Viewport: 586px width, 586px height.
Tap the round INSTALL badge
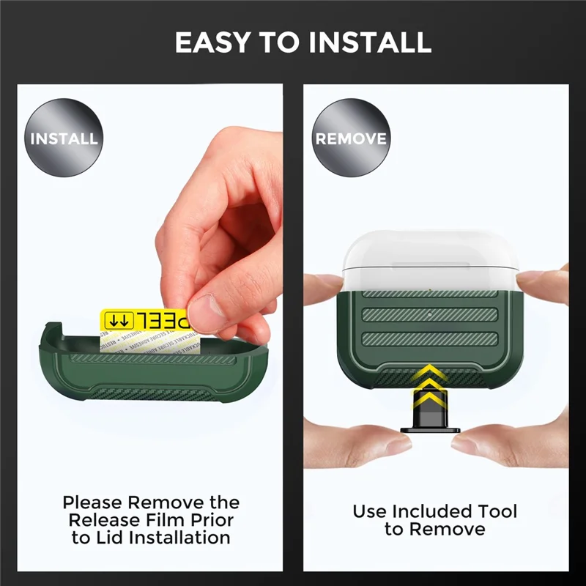64,138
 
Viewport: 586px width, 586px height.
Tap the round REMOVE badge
351,138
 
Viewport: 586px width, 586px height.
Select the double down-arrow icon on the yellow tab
119,320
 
